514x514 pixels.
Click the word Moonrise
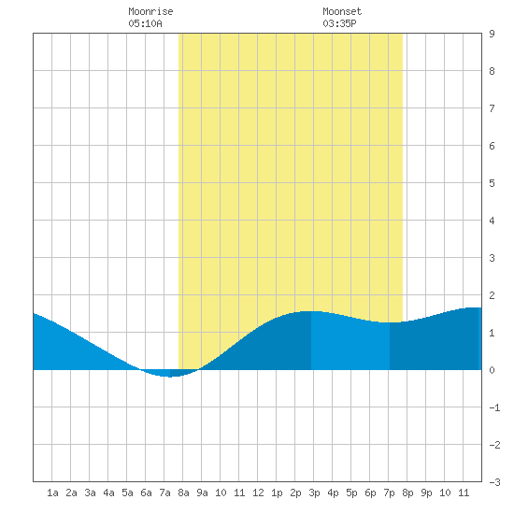click(x=150, y=11)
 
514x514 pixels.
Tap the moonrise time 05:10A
click(x=145, y=23)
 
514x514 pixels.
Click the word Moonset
click(x=342, y=11)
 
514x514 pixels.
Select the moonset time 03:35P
click(x=339, y=23)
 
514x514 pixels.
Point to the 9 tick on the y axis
click(x=492, y=34)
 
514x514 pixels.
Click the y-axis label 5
click(x=492, y=183)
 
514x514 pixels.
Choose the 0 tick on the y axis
click(x=492, y=370)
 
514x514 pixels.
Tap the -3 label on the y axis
click(x=494, y=482)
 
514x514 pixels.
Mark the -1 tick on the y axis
click(x=494, y=407)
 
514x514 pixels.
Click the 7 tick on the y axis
click(x=492, y=108)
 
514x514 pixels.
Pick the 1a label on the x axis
click(x=52, y=493)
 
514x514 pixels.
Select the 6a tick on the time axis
click(x=146, y=493)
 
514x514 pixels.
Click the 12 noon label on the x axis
click(x=258, y=493)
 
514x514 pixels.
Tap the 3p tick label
click(x=314, y=493)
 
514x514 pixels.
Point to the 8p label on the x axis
click(x=407, y=493)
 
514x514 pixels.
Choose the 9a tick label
click(x=202, y=493)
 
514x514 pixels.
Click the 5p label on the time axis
click(x=351, y=493)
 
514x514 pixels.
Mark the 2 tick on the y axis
click(x=492, y=295)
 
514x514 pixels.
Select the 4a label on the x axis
click(x=108, y=493)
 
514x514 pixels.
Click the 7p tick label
click(x=389, y=493)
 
